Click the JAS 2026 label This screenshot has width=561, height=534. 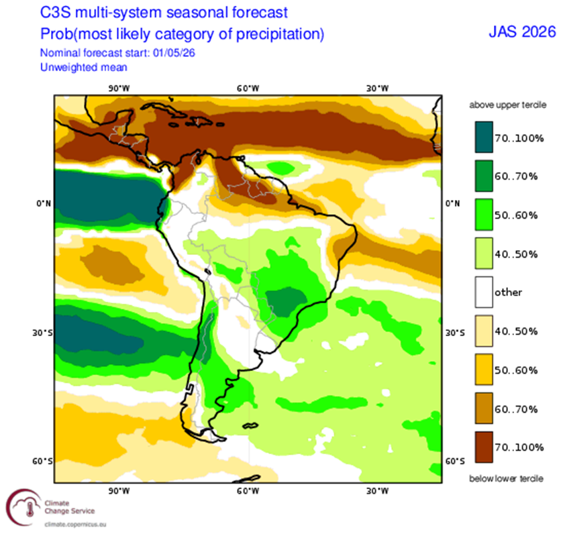click(x=522, y=32)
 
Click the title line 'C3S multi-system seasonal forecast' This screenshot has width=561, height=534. click(x=164, y=13)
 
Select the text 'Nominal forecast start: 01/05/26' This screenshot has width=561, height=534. click(x=117, y=53)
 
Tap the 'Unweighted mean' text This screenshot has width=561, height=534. click(x=84, y=67)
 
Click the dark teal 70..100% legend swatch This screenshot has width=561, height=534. click(x=484, y=137)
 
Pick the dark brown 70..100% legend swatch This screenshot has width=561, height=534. click(x=484, y=447)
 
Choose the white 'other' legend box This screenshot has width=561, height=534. click(x=484, y=292)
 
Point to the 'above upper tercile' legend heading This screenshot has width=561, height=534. click(x=508, y=105)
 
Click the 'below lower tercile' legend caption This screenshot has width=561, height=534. click(x=506, y=478)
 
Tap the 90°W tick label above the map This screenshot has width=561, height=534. click(x=119, y=89)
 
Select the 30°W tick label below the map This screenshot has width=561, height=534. click(x=377, y=491)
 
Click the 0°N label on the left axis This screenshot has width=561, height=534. click(x=44, y=203)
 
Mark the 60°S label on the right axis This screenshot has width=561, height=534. click(x=455, y=462)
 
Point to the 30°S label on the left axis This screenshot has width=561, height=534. click(x=42, y=333)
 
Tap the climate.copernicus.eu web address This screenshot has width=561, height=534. click(x=75, y=525)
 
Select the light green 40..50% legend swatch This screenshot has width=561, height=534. click(x=484, y=253)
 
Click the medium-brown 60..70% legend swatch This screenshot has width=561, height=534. click(x=484, y=408)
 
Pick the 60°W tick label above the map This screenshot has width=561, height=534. click(x=248, y=89)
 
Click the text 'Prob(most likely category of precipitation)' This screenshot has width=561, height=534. click(x=182, y=34)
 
